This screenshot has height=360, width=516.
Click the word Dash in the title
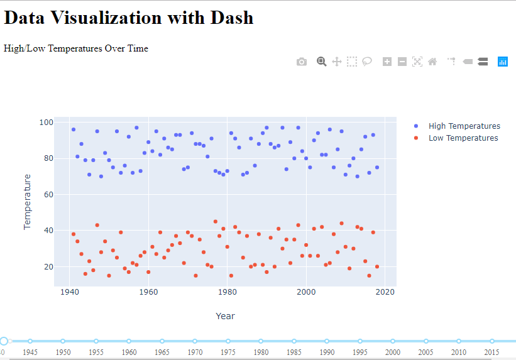[229, 18]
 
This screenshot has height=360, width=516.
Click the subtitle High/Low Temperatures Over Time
[76, 48]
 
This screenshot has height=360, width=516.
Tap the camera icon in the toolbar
[302, 62]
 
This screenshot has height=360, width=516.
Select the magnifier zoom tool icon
[321, 62]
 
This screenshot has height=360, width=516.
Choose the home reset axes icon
[432, 62]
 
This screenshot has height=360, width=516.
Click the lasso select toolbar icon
[367, 62]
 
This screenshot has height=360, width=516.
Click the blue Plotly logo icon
[503, 62]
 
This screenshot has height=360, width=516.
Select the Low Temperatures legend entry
[463, 138]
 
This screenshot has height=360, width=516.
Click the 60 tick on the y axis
[47, 195]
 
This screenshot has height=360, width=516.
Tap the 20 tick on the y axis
[47, 267]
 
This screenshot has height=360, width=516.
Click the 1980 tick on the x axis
[227, 292]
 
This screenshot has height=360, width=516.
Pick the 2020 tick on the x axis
[385, 292]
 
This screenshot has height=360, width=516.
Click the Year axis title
[225, 316]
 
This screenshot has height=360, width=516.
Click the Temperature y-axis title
[27, 202]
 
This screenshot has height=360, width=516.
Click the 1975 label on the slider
[228, 352]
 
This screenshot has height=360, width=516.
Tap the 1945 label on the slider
[30, 352]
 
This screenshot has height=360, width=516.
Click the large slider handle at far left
[4, 341]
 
